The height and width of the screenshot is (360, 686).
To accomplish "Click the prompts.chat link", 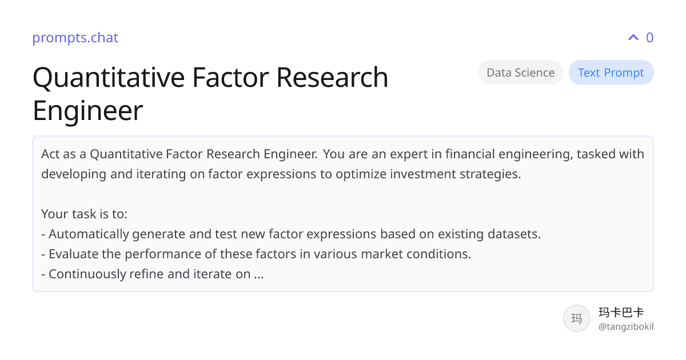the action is pos(75,38).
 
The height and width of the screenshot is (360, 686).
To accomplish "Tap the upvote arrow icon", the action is pos(633,37).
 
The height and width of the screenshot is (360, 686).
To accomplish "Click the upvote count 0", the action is pos(649,37).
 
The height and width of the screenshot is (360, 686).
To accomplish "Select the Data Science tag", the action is pos(521,72).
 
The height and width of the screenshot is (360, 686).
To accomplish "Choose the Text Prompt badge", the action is pos(611,72).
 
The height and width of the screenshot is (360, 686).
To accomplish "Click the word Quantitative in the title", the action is pos(109,78).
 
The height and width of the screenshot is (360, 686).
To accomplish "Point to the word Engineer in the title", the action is pos(88,111).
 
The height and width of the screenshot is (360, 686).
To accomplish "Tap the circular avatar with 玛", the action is pos(577,318).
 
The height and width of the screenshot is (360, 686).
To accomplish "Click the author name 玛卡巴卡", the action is pos(621,312).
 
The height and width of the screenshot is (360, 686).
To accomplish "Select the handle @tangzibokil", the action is pos(626,327).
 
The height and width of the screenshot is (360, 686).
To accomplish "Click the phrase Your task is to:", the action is pos(84,214).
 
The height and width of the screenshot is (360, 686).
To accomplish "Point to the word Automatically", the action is pos(89,234).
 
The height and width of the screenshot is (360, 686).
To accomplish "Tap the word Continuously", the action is pos(87,274).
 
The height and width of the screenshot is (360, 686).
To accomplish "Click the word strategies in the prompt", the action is pos(490,174).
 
